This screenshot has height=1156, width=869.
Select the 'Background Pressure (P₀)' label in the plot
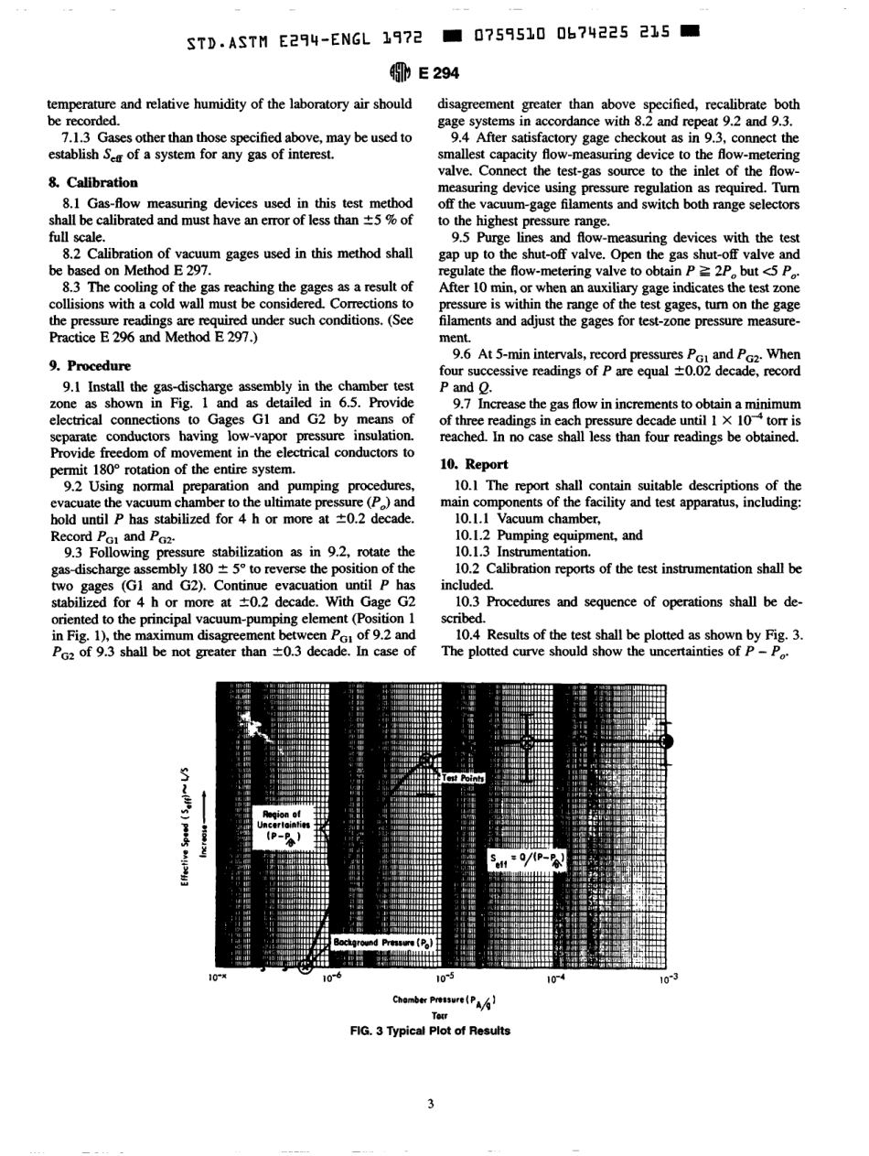click(x=384, y=941)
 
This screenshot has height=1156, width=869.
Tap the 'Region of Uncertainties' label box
click(x=275, y=824)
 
